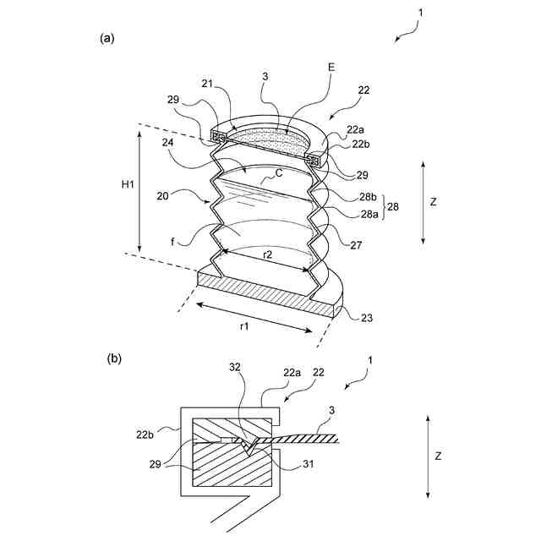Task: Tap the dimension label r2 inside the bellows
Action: pos(266,253)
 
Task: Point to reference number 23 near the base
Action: pos(365,318)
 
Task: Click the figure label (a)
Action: pos(107,38)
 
